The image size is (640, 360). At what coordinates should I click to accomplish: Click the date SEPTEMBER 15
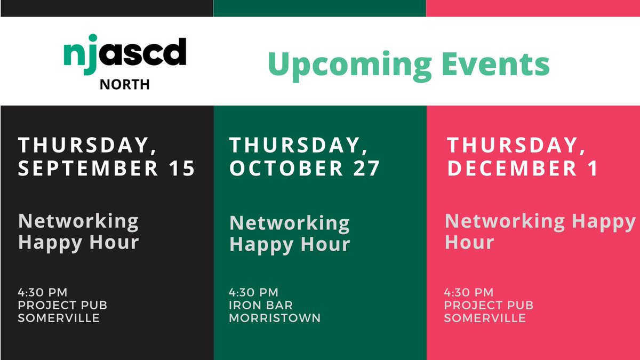[x=107, y=168]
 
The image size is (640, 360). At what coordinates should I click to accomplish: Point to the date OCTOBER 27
[x=305, y=168]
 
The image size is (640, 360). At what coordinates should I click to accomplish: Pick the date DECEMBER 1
[x=523, y=168]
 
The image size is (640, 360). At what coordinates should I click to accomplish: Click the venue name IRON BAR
[x=261, y=306]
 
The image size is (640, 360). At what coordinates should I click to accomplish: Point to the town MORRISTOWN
[x=275, y=318]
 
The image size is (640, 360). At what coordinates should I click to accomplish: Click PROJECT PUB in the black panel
[x=62, y=306]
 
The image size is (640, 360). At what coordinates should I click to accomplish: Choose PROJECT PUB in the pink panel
[x=489, y=306]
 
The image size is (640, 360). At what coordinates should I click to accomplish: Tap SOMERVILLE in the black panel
[x=59, y=318]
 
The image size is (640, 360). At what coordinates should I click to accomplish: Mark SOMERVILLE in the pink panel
[x=485, y=318]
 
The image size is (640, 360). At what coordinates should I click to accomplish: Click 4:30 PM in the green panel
[x=254, y=292]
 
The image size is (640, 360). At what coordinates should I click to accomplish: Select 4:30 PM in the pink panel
[x=469, y=292]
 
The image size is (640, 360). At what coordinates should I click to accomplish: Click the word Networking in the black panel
[x=78, y=220]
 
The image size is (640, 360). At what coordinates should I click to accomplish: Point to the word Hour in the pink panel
[x=469, y=243]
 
